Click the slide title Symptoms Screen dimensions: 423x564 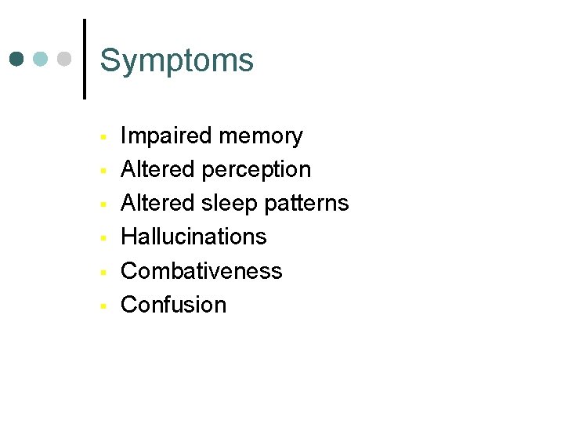coord(177,61)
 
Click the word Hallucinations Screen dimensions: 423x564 coord(193,237)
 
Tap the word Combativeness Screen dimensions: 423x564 coord(201,271)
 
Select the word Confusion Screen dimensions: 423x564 coord(173,305)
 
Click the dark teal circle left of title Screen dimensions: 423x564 coord(17,59)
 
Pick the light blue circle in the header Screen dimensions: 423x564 coord(41,59)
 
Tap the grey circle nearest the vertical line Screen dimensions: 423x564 coord(64,59)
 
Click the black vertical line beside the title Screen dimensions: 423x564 coord(84,59)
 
